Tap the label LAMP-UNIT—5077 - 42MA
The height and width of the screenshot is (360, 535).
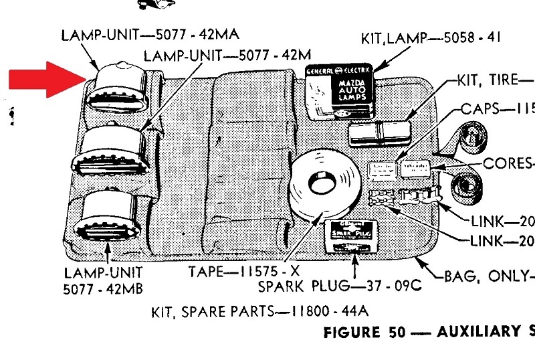point(150,34)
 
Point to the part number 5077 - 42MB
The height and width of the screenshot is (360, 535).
point(103,289)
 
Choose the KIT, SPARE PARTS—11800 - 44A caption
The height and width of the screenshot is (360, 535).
point(258,312)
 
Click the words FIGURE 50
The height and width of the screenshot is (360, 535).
point(364,333)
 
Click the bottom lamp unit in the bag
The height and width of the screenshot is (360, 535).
point(110,214)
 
